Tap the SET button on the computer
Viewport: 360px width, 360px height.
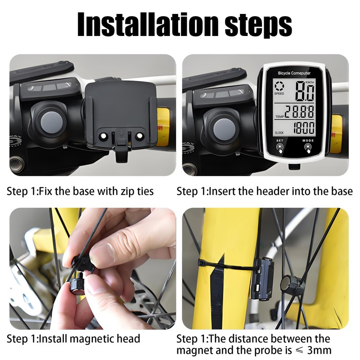pos(280,146)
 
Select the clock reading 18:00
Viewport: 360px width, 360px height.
pos(304,128)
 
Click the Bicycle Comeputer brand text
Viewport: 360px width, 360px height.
pos(294,72)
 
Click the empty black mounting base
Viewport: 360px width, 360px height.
pos(120,112)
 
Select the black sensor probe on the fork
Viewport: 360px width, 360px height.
pos(262,279)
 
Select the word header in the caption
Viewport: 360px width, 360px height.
pos(274,191)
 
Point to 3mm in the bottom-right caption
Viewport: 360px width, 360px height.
pos(320,350)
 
